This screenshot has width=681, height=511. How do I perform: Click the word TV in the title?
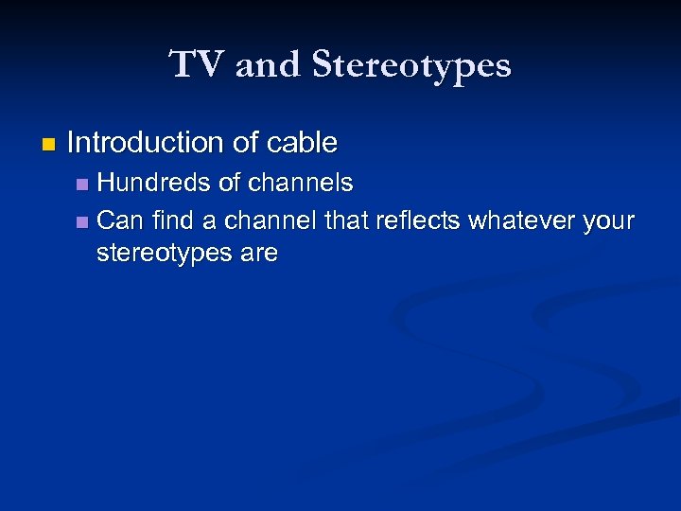(198, 65)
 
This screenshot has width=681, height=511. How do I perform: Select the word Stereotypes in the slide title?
(411, 65)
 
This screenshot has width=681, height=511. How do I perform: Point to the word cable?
(302, 143)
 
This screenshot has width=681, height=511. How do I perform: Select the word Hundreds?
(153, 183)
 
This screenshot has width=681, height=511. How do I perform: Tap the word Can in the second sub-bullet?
(118, 221)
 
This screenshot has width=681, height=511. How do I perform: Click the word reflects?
(418, 221)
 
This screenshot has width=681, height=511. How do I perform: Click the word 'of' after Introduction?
(244, 143)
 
